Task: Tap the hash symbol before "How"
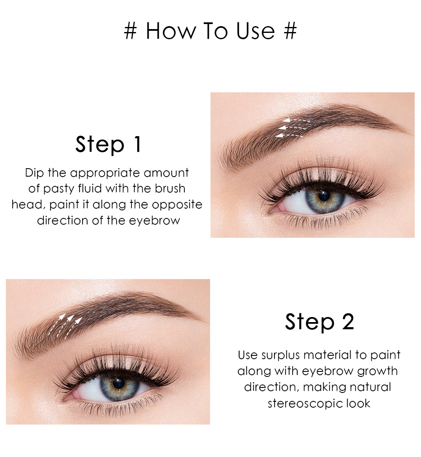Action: point(131,31)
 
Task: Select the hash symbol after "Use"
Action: point(290,31)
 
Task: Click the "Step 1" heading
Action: point(109,144)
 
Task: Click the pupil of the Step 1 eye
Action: point(324,196)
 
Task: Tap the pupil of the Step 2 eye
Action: point(119,383)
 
